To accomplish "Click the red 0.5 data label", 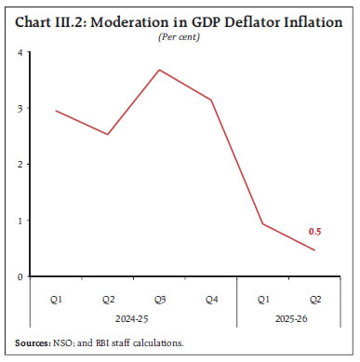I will click(x=315, y=232).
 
